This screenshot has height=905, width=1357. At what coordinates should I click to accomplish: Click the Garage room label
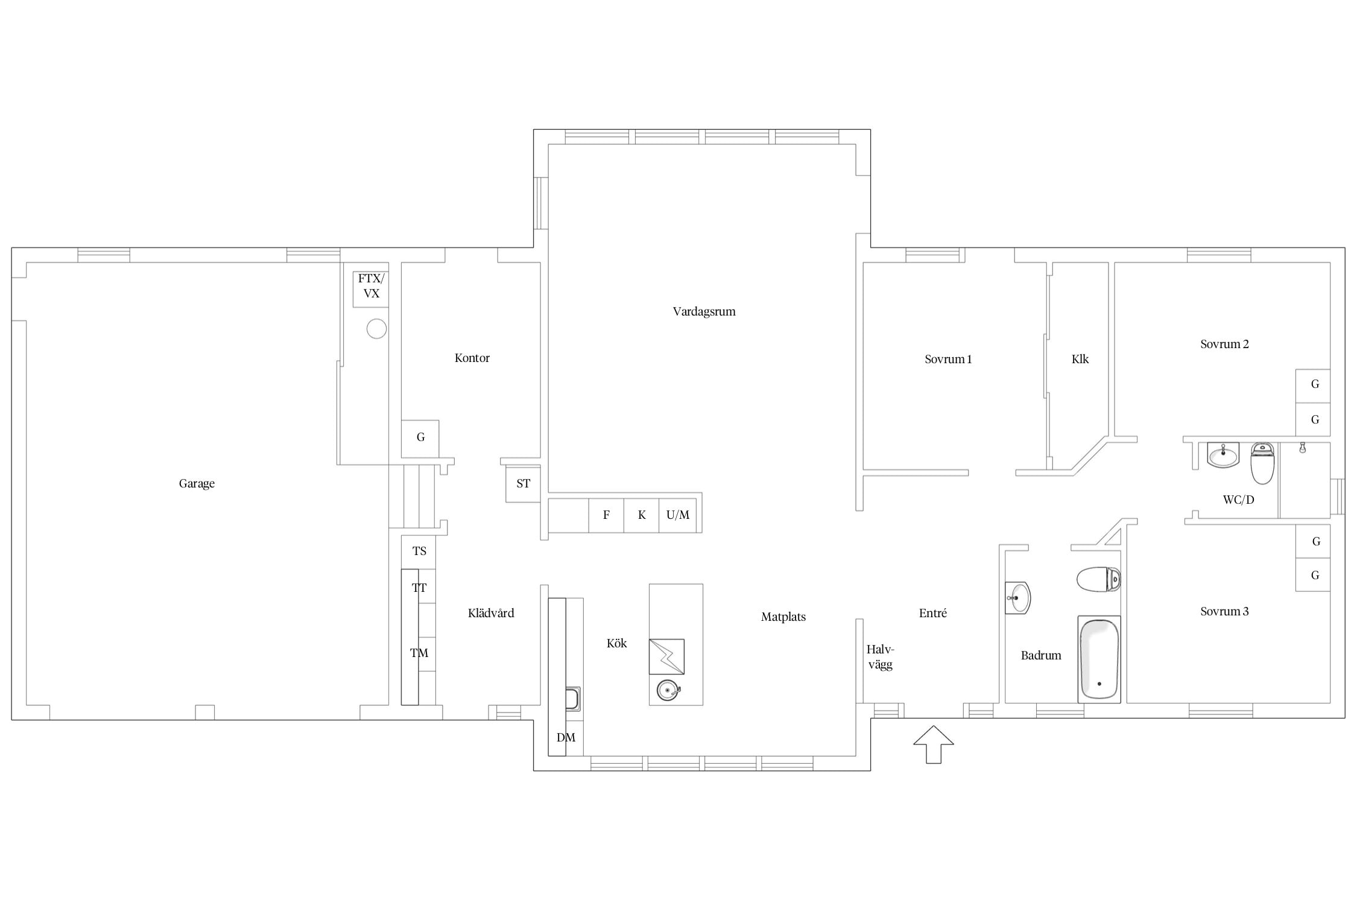(197, 483)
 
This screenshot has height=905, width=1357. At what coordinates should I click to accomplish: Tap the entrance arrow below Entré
(933, 745)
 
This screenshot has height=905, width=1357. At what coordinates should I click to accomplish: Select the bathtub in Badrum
(1099, 659)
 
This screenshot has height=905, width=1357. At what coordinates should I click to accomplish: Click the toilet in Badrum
(1098, 579)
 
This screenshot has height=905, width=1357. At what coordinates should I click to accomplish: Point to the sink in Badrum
(1017, 598)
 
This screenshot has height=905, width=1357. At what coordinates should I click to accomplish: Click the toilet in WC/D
(1262, 463)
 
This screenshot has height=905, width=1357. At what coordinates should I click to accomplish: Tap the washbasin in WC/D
(1223, 454)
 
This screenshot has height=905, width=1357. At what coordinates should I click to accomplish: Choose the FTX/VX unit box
(371, 289)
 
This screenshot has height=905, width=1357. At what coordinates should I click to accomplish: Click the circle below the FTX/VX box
(376, 329)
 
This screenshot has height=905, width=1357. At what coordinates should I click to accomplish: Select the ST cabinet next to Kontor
(523, 484)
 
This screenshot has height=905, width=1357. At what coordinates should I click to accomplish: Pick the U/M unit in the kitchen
(677, 515)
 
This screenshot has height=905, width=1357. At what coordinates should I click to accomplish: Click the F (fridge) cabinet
(606, 515)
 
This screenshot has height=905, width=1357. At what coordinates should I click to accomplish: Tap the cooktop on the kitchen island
(666, 656)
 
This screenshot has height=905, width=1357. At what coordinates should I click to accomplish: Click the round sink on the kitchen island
(668, 690)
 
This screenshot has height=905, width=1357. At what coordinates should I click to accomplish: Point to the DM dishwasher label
(566, 737)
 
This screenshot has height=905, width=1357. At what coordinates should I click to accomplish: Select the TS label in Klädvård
(419, 551)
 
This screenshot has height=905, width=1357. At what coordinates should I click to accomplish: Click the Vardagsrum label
(704, 312)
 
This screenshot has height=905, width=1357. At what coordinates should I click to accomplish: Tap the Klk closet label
(1080, 360)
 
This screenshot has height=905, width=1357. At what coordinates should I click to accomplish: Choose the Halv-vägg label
(880, 657)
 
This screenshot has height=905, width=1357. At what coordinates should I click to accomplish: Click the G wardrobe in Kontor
(420, 439)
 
